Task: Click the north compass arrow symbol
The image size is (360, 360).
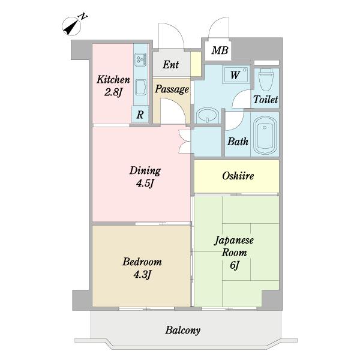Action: point(72,26)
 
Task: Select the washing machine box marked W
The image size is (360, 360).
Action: point(236,75)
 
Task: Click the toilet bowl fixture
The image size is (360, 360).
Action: point(266,79)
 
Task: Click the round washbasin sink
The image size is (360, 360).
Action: point(207,115)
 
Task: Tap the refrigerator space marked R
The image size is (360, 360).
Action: point(140,114)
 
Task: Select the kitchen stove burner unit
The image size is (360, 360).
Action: point(140,59)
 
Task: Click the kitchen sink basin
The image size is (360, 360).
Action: point(140,89)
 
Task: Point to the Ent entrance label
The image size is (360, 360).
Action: point(170,64)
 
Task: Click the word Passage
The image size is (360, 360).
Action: point(172,89)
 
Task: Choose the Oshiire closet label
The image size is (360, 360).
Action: point(238,176)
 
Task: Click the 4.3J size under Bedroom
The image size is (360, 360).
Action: point(142,275)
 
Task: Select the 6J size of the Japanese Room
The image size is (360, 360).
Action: point(235,266)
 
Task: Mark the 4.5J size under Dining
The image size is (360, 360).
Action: point(145,184)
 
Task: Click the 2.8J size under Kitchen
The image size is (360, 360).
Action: point(113,92)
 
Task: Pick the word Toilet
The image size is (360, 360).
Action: point(265,100)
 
